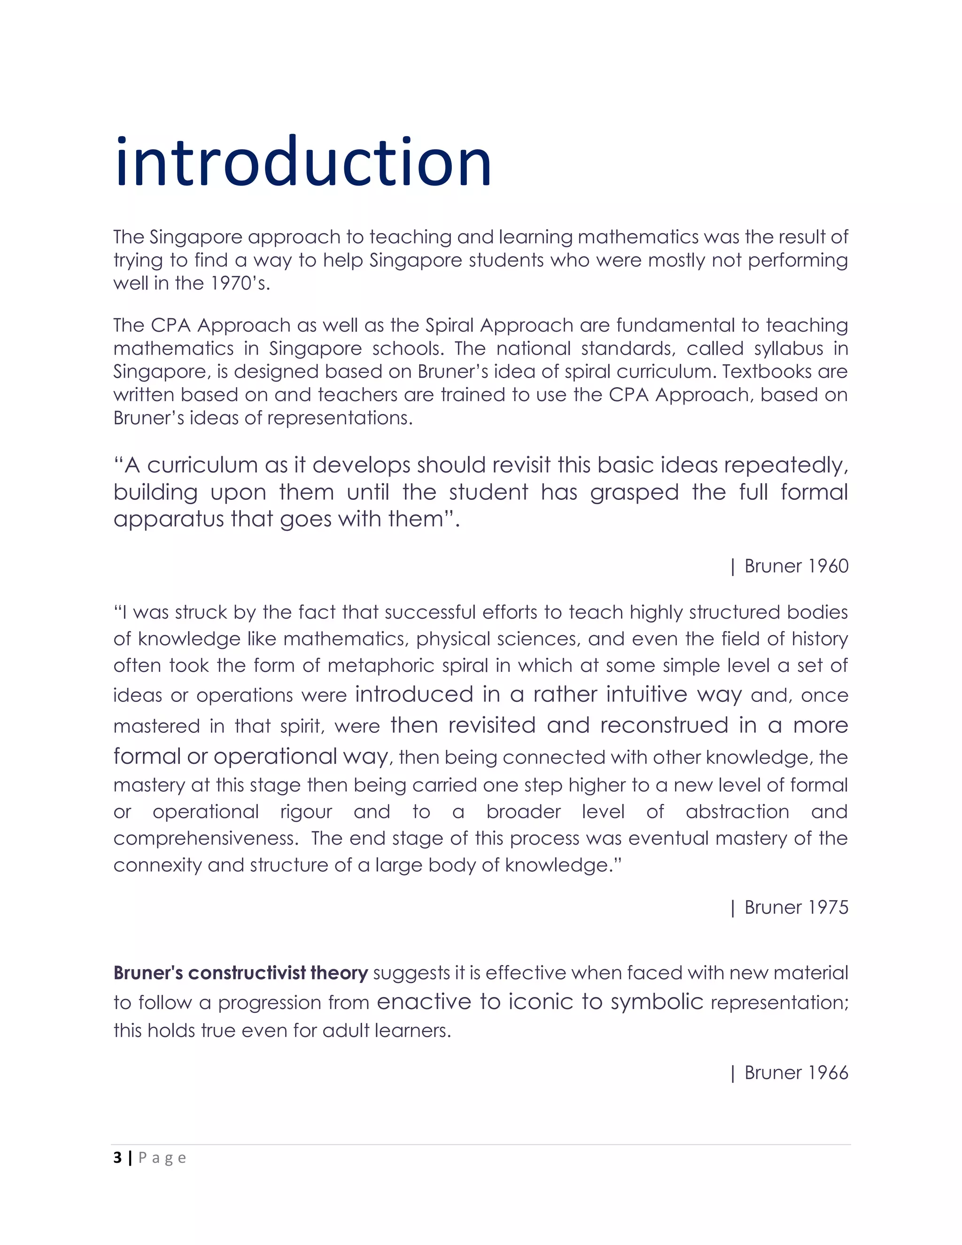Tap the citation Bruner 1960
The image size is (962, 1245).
pyautogui.click(x=796, y=566)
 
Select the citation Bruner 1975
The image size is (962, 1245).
pyautogui.click(x=796, y=907)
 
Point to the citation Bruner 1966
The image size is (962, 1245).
pyautogui.click(x=796, y=1072)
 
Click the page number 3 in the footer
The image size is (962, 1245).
pyautogui.click(x=117, y=1157)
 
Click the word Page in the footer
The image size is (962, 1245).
pyautogui.click(x=163, y=1158)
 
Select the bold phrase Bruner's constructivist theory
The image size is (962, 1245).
pyautogui.click(x=240, y=973)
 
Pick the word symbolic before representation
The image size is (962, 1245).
pyautogui.click(x=657, y=1001)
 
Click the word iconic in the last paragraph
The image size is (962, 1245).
pyautogui.click(x=540, y=1001)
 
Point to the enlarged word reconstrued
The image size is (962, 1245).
pyautogui.click(x=664, y=725)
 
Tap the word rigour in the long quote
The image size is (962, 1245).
pyautogui.click(x=306, y=812)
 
